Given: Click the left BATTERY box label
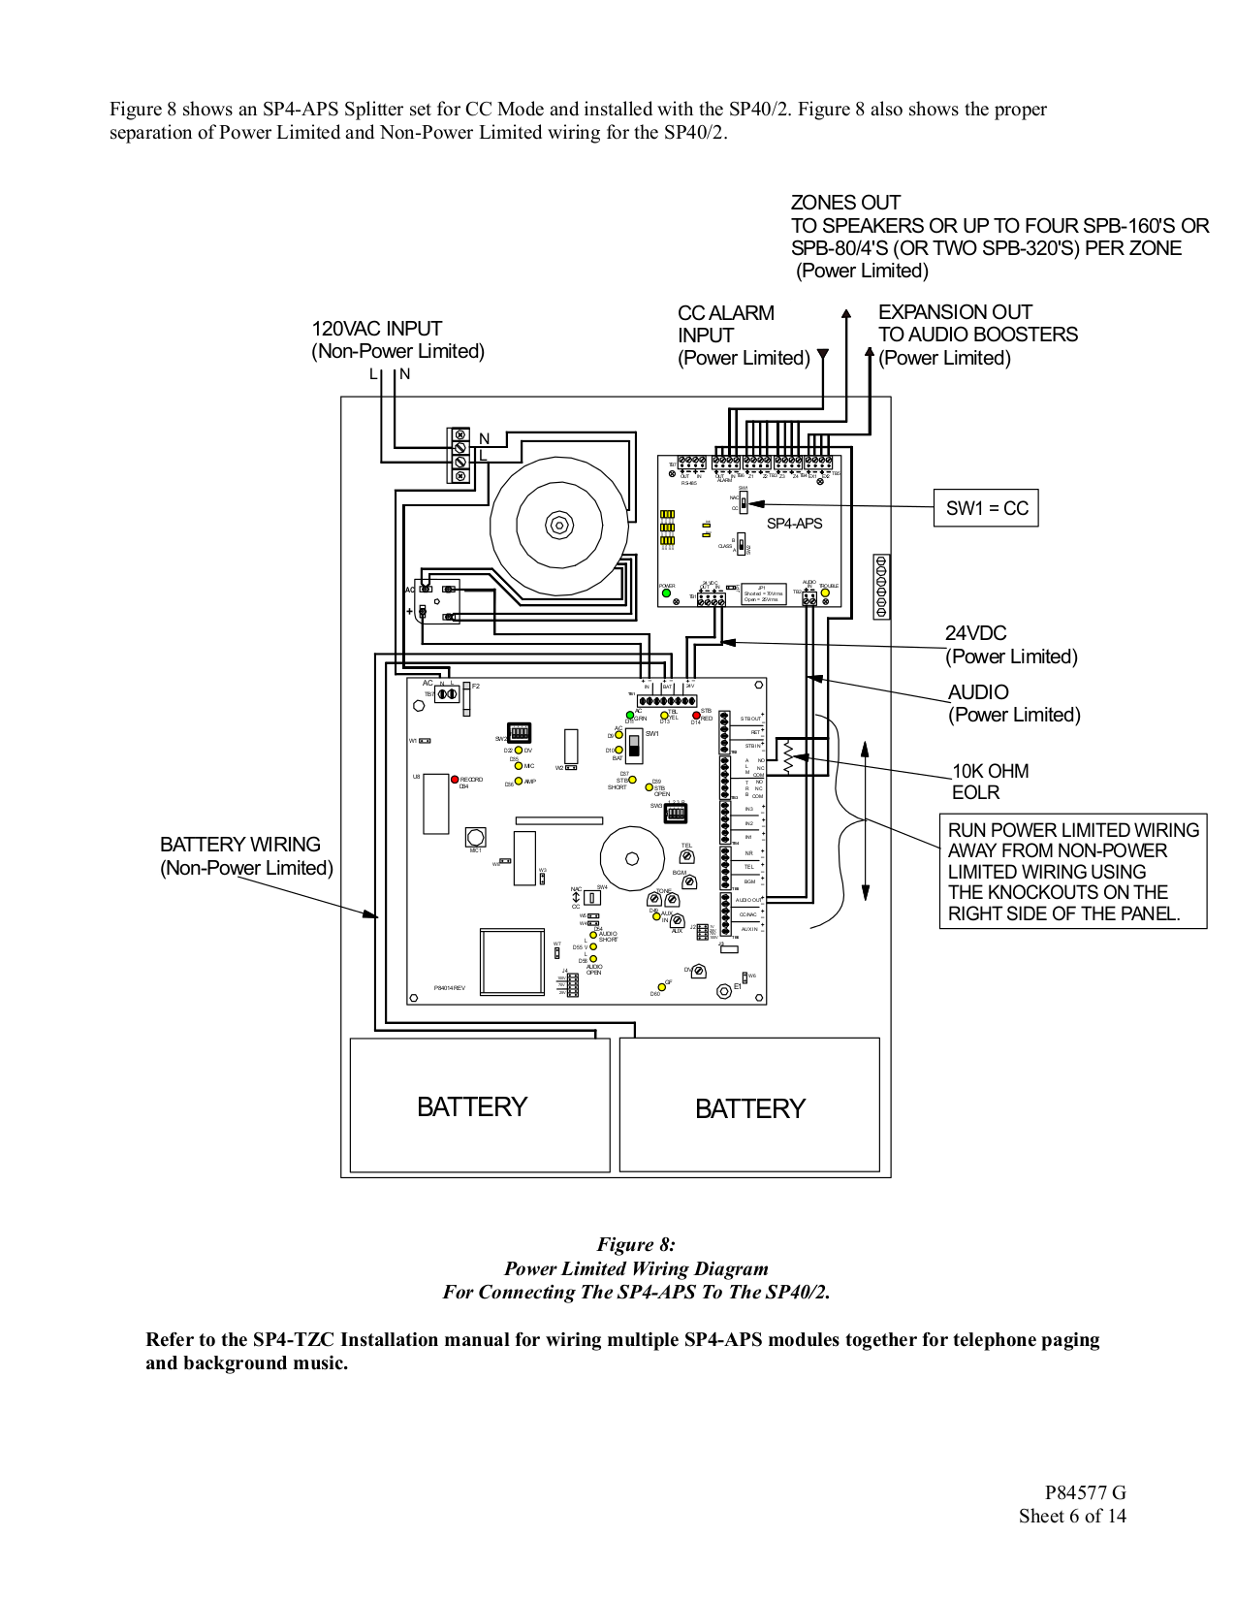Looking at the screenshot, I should click(x=471, y=1107).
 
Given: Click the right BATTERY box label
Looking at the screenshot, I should click(x=749, y=1109).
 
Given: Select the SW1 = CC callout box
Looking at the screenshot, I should click(x=986, y=508).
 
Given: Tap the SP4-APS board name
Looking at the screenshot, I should click(x=794, y=524).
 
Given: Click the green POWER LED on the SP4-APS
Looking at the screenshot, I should click(x=666, y=593).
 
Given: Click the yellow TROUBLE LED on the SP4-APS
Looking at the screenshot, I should click(x=825, y=593).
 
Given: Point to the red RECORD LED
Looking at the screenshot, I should click(x=454, y=779).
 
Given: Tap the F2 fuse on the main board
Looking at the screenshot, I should click(x=467, y=697).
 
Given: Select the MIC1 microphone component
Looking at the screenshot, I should click(x=475, y=836).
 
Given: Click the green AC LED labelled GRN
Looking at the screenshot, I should click(x=629, y=716).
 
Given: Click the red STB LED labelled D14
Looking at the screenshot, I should click(x=696, y=716).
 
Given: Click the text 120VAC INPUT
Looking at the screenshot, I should click(x=376, y=329).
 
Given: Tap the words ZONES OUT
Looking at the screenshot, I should click(x=845, y=203).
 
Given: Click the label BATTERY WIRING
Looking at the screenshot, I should click(x=240, y=845).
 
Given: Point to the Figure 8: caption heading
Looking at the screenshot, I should click(x=636, y=1244).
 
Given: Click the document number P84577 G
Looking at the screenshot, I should click(x=1085, y=1492).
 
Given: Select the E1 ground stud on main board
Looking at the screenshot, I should click(x=723, y=991).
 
